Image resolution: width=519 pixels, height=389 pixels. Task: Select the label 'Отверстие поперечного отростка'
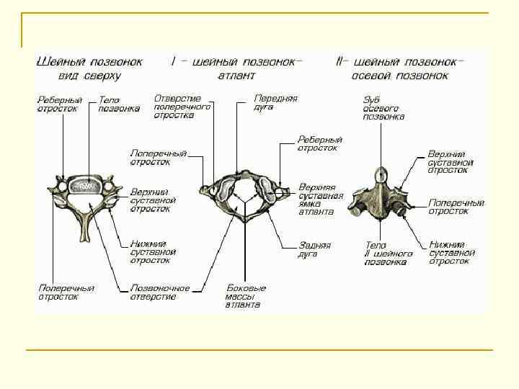pyautogui.click(x=183, y=106)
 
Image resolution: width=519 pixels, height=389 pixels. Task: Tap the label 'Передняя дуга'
pyautogui.click(x=275, y=103)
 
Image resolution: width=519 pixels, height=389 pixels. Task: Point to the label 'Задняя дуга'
pyautogui.click(x=314, y=249)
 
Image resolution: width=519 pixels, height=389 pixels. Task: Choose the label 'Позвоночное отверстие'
pyautogui.click(x=160, y=292)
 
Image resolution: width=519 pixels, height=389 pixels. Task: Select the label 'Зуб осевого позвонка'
pyautogui.click(x=383, y=108)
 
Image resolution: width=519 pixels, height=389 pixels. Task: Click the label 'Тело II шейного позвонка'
pyautogui.click(x=389, y=254)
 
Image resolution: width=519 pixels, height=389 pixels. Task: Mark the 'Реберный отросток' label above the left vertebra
pyautogui.click(x=60, y=104)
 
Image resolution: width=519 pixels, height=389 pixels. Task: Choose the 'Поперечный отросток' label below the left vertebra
pyautogui.click(x=66, y=292)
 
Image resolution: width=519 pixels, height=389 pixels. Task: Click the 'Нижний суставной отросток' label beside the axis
pyautogui.click(x=451, y=252)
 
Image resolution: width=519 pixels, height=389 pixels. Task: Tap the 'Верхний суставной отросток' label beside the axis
pyautogui.click(x=451, y=162)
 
